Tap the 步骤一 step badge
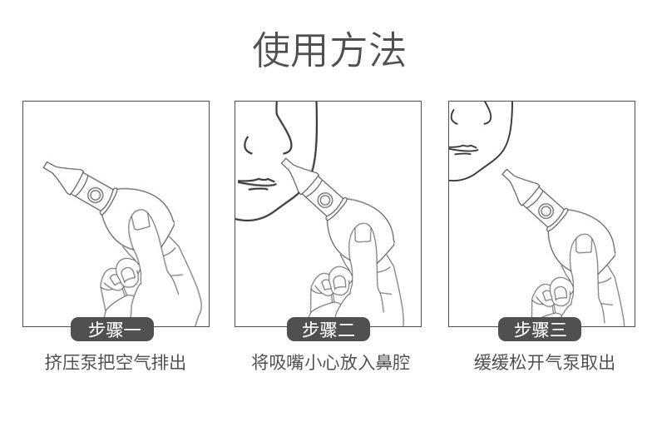pyautogui.click(x=115, y=330)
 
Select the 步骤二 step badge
pyautogui.click(x=328, y=330)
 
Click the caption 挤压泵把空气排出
pyautogui.click(x=115, y=363)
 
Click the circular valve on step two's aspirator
pyautogui.click(x=324, y=201)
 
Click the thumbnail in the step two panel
pyautogui.click(x=363, y=234)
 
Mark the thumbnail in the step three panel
pyautogui.click(x=585, y=243)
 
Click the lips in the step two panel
pyautogui.click(x=256, y=183)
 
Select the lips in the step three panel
pyautogui.click(x=463, y=150)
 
